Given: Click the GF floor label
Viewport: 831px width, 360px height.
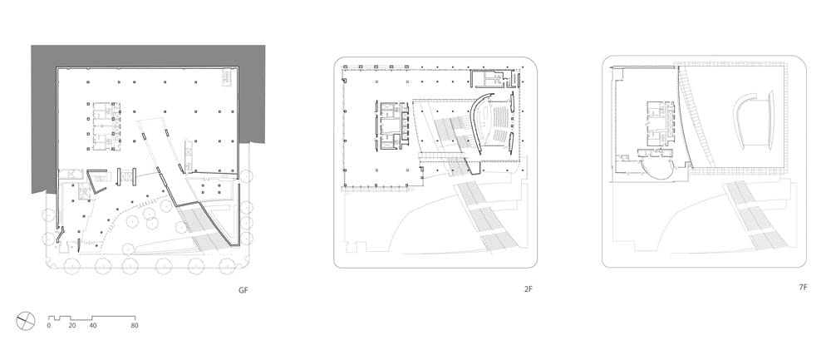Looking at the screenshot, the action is (x=243, y=290).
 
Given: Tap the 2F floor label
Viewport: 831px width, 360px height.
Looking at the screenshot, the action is (x=529, y=289).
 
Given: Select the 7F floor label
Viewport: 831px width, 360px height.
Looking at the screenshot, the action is (x=803, y=288).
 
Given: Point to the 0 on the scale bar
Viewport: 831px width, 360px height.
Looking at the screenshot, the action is (x=49, y=326).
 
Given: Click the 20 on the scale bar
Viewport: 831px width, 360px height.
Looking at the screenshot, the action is (x=72, y=326).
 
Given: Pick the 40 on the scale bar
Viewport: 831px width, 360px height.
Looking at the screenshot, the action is (x=93, y=326).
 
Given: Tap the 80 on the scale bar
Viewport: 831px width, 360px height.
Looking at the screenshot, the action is (x=134, y=326).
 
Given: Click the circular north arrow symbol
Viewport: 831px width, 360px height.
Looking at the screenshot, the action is (x=26, y=321).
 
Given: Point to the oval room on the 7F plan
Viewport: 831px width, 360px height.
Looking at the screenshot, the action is (x=657, y=170).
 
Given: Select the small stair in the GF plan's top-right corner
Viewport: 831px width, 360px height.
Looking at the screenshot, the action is (x=226, y=76).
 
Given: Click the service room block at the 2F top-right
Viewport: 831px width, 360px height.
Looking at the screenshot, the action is (x=494, y=79).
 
